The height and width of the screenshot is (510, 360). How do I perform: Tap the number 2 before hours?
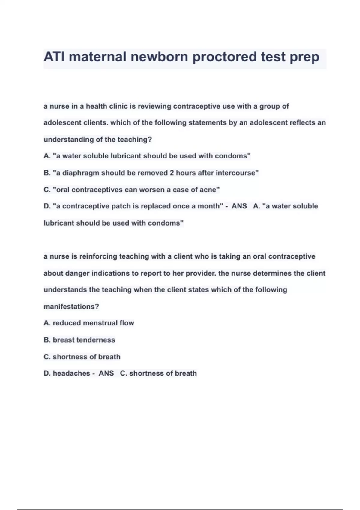point(172,173)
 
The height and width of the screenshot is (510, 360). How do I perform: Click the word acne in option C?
point(209,190)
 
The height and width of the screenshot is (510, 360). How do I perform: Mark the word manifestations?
point(71,307)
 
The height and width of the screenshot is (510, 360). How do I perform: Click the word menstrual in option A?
point(100,323)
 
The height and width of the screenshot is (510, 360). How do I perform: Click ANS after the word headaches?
point(106,373)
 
